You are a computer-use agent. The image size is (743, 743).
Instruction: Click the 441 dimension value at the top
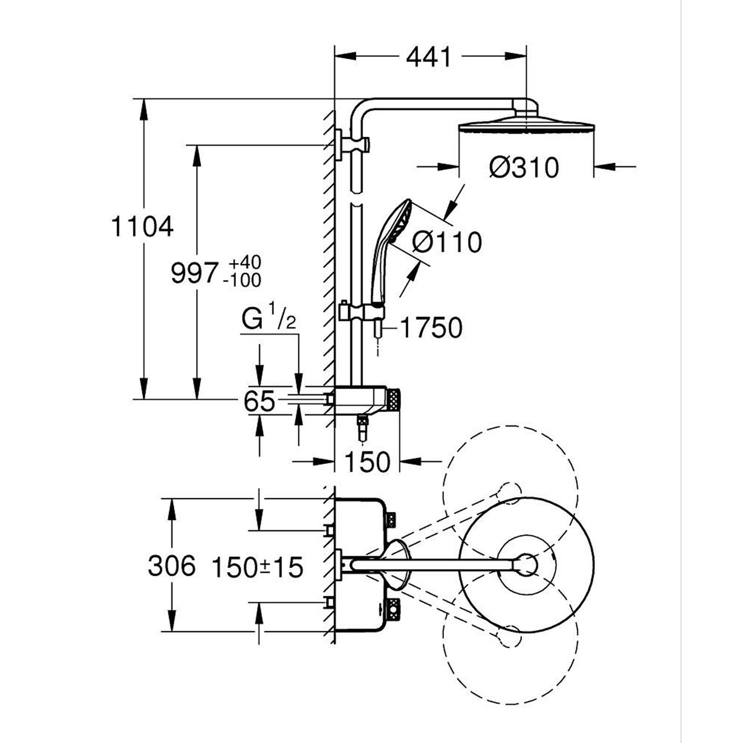[x=428, y=58]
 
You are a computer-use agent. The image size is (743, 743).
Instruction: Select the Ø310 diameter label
[x=524, y=168]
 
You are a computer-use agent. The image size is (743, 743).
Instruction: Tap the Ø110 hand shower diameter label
[x=447, y=242]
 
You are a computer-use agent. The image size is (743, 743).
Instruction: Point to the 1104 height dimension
[x=142, y=227]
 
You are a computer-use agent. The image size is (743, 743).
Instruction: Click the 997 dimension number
[x=194, y=274]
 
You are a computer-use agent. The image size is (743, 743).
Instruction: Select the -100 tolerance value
[x=242, y=280]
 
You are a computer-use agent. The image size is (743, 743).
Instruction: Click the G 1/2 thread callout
[x=268, y=319]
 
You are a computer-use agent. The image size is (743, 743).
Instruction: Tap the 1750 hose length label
[x=431, y=328]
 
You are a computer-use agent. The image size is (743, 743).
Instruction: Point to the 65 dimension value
[x=259, y=401]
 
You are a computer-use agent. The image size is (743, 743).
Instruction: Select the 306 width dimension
[x=172, y=567]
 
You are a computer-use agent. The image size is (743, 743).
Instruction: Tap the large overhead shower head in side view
[x=526, y=125]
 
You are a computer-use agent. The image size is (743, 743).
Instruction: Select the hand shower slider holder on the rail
[x=361, y=312]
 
